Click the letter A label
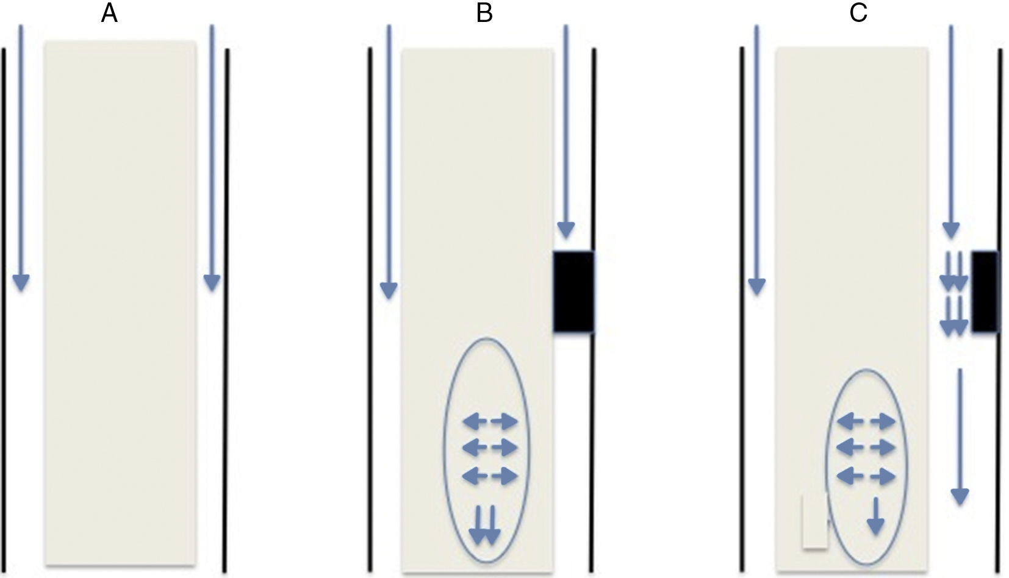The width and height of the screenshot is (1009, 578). click(x=109, y=13)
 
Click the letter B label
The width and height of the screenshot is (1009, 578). click(x=484, y=13)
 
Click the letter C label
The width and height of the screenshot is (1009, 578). click(x=858, y=13)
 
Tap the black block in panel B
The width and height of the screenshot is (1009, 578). click(x=573, y=291)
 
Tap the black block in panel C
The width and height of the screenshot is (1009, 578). click(x=984, y=291)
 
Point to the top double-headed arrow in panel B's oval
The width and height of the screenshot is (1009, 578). click(x=490, y=421)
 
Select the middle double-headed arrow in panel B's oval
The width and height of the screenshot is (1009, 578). click(x=490, y=448)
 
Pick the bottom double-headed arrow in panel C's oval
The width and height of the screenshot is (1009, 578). click(x=866, y=476)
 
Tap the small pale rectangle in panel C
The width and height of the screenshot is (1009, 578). click(x=814, y=521)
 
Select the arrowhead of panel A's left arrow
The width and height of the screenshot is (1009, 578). click(x=21, y=282)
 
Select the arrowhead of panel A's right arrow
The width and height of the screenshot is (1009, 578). click(x=212, y=282)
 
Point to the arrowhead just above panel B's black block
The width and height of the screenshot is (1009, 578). click(x=566, y=230)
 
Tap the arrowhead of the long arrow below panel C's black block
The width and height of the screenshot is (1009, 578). click(x=960, y=496)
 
